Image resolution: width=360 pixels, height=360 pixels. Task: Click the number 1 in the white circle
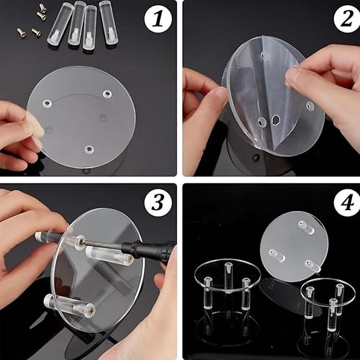(158, 19)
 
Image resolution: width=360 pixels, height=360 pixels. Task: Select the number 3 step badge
(158, 202)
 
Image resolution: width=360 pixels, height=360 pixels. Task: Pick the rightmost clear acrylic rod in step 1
(109, 22)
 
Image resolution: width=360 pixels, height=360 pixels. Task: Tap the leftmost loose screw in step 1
(22, 32)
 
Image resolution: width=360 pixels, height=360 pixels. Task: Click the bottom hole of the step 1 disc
(89, 150)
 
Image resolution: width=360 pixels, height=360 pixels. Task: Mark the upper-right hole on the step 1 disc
(107, 94)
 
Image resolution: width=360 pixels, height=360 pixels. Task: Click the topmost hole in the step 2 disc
(263, 55)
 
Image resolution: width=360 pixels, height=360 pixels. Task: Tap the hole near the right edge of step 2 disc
(310, 105)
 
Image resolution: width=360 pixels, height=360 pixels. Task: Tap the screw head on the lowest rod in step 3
(90, 307)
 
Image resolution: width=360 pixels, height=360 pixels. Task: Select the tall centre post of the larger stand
(228, 278)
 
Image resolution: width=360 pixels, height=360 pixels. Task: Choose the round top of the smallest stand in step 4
(328, 291)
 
